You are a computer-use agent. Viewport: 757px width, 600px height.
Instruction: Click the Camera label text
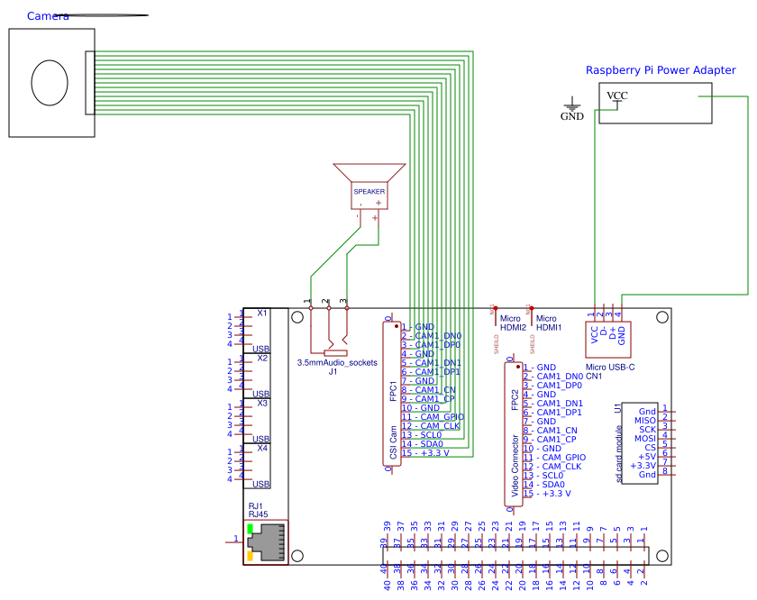coord(48,16)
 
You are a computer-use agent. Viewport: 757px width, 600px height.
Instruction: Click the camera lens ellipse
coord(50,83)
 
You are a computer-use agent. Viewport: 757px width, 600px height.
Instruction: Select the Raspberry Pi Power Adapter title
coord(661,70)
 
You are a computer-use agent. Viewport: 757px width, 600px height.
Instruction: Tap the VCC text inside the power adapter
coord(617,95)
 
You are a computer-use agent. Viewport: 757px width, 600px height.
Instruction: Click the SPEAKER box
coord(369,192)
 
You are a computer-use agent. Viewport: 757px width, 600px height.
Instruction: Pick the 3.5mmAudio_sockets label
coord(337,362)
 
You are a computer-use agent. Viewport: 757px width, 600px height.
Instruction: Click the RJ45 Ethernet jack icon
coord(265,541)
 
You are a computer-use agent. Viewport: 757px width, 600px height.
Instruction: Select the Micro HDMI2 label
coord(513,323)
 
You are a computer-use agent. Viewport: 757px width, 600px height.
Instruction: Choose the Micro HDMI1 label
coord(549,323)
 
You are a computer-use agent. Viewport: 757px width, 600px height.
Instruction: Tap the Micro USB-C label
coord(610,367)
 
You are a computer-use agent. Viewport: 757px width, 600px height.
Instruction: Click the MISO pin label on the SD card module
coord(644,420)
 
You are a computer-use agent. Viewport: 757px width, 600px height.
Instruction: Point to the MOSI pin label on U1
coord(644,438)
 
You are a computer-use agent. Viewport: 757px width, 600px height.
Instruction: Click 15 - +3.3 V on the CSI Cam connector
coord(425,453)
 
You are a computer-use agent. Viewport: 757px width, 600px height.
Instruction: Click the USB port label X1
coord(262,314)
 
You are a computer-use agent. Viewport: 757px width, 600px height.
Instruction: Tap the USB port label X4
coord(262,448)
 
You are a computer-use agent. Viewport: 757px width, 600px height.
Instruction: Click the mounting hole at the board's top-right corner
coord(662,317)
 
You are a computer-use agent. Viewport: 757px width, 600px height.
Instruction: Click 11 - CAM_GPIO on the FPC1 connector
coord(433,417)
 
